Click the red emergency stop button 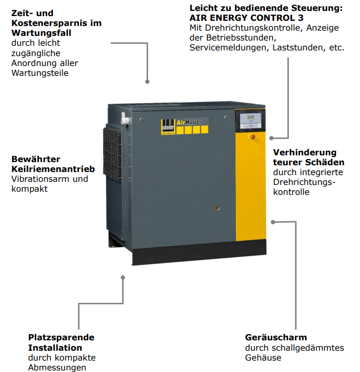pos(252,137)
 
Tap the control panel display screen pos(251,117)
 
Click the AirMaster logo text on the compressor pos(189,122)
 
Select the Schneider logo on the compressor pos(168,127)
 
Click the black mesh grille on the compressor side pos(112,154)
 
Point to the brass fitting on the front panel pos(217,208)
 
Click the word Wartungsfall pos(41,33)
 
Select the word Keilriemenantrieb pos(53,169)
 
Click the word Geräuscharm pos(276,337)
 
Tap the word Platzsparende pos(61,337)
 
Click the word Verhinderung pos(305,152)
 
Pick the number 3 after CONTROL pos(301,18)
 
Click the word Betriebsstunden pos(241,38)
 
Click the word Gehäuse pos(263,357)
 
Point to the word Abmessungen pos(57,367)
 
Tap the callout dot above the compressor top pos(148,82)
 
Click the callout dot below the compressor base pos(123,277)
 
